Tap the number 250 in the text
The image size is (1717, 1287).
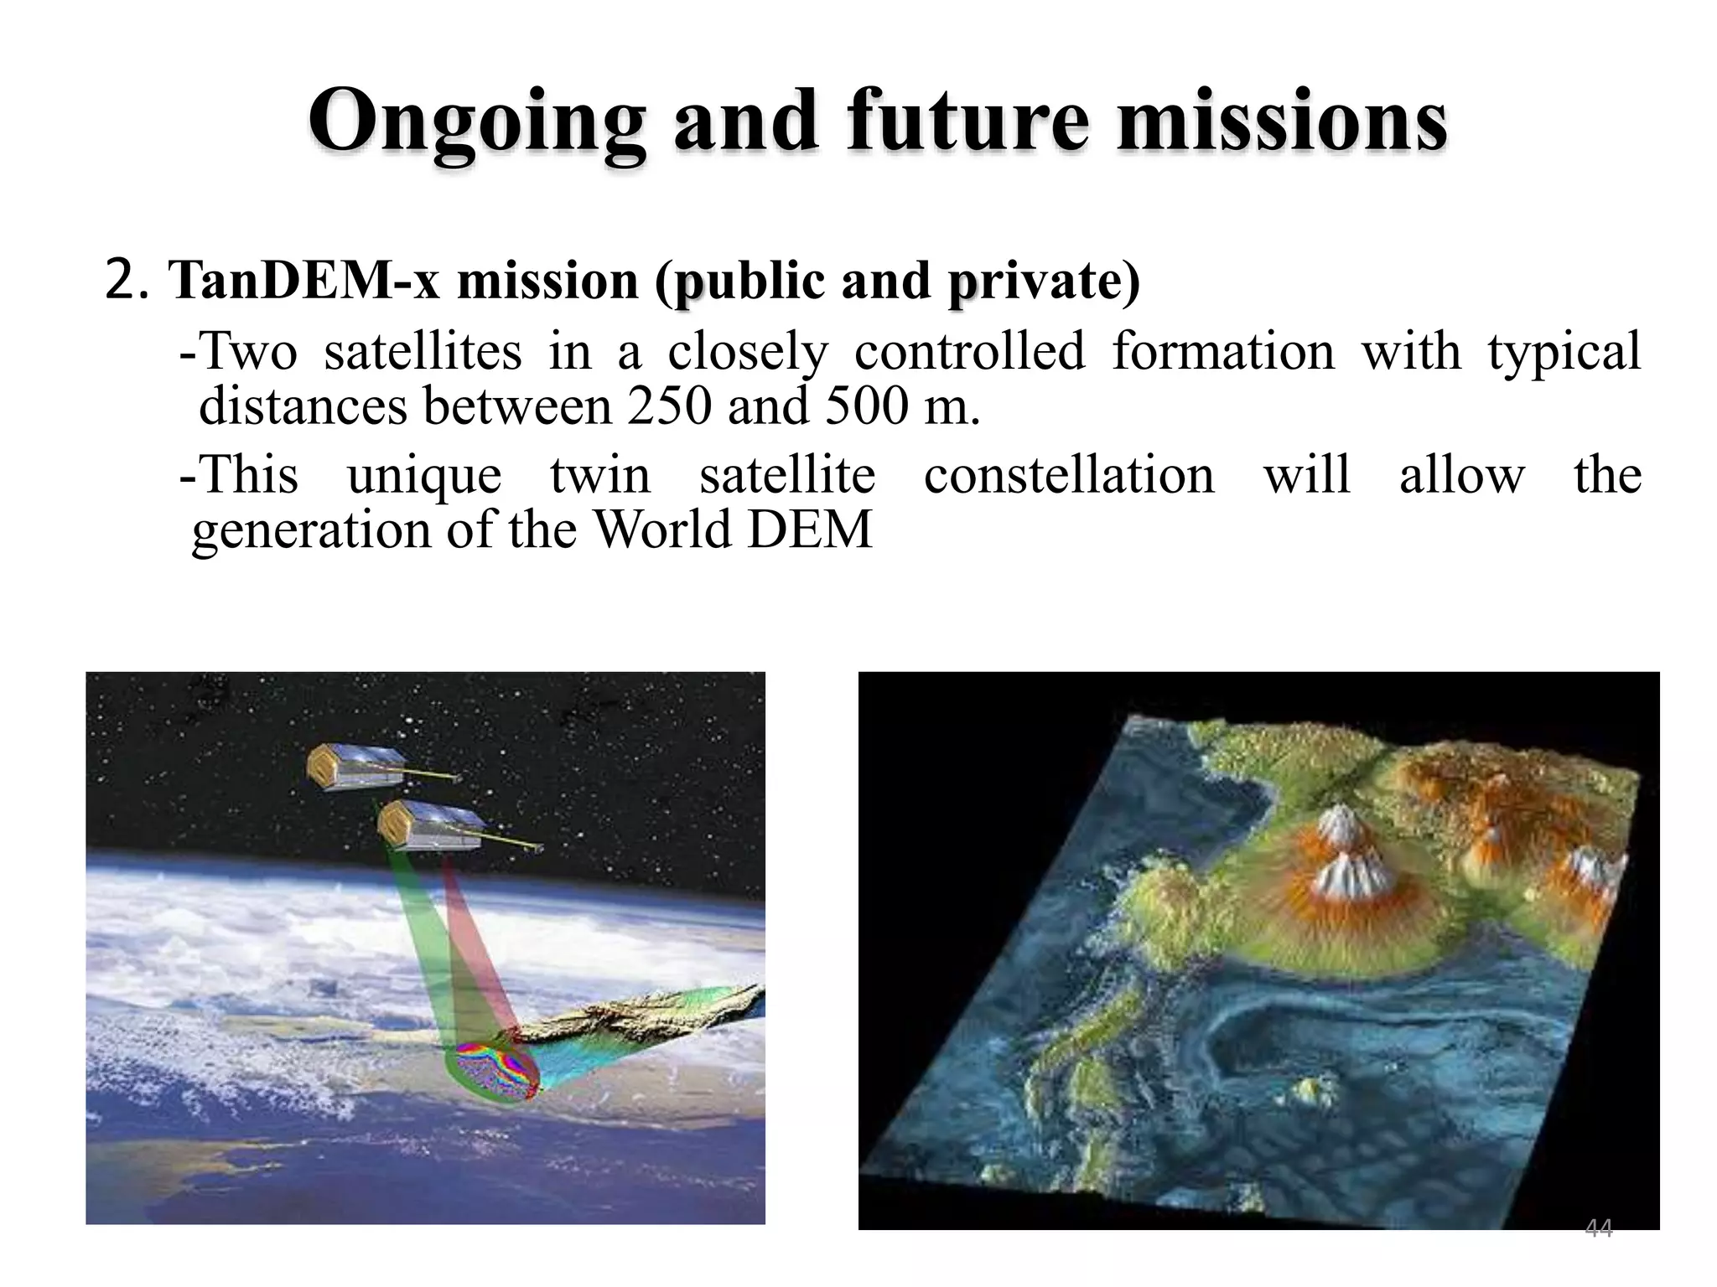coord(668,406)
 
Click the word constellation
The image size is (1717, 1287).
coord(1068,475)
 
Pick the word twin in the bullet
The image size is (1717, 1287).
coord(599,475)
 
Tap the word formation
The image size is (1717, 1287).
coord(1222,350)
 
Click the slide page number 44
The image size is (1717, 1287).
coord(1598,1228)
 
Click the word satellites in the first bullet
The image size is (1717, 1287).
coord(423,350)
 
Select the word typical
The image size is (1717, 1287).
coord(1564,350)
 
